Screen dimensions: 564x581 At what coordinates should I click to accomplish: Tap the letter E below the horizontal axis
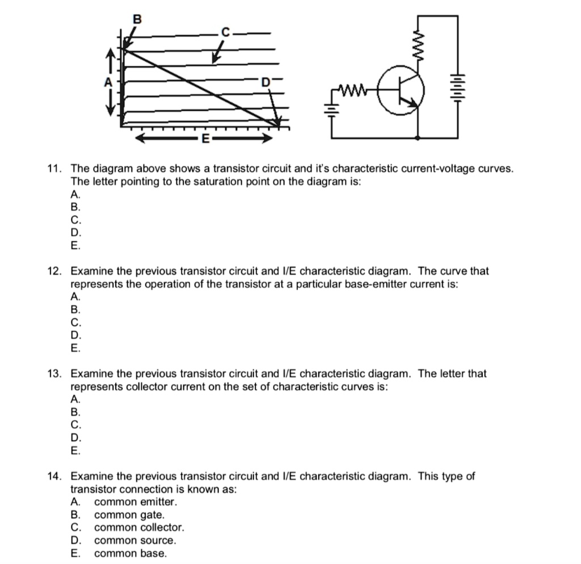tap(205, 139)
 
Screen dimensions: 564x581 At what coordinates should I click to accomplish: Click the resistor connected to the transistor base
tap(353, 89)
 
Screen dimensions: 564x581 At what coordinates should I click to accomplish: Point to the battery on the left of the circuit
tap(332, 107)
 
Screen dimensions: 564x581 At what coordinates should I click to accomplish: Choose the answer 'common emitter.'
tap(136, 502)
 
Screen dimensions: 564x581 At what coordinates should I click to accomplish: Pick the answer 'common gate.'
tap(129, 515)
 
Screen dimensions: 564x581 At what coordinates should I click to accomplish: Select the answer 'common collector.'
tap(139, 528)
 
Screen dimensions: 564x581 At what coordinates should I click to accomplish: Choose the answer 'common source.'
tap(135, 541)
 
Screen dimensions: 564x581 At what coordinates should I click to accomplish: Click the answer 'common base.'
tap(130, 554)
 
